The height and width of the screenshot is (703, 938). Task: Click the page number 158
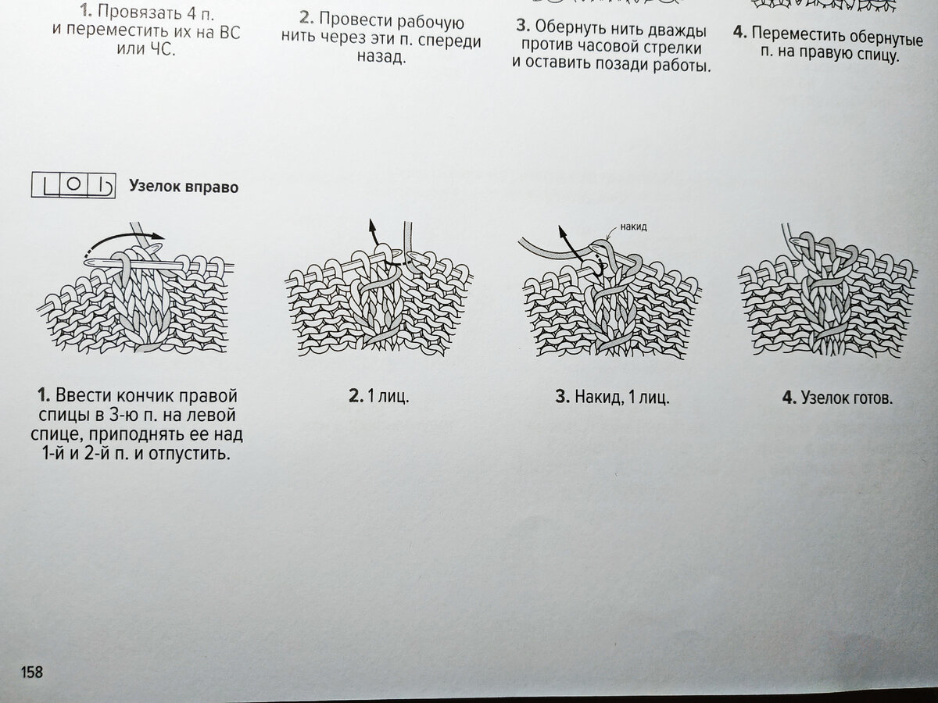pyautogui.click(x=32, y=672)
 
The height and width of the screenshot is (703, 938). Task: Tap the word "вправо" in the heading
pyautogui.click(x=211, y=187)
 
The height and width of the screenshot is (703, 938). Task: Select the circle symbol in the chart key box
pyautogui.click(x=73, y=184)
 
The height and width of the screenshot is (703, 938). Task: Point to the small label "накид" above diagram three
pyautogui.click(x=633, y=227)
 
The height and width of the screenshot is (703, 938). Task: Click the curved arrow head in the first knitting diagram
pyautogui.click(x=159, y=236)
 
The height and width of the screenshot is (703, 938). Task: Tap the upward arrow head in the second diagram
pyautogui.click(x=371, y=225)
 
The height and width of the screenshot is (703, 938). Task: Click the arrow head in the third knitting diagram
pyautogui.click(x=562, y=233)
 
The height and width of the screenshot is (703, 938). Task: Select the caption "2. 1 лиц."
pyautogui.click(x=378, y=397)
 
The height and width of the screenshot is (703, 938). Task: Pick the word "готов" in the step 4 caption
pyautogui.click(x=872, y=398)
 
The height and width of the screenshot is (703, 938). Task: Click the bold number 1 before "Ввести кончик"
pyautogui.click(x=44, y=395)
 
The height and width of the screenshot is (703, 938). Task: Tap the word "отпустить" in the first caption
pyautogui.click(x=189, y=454)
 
